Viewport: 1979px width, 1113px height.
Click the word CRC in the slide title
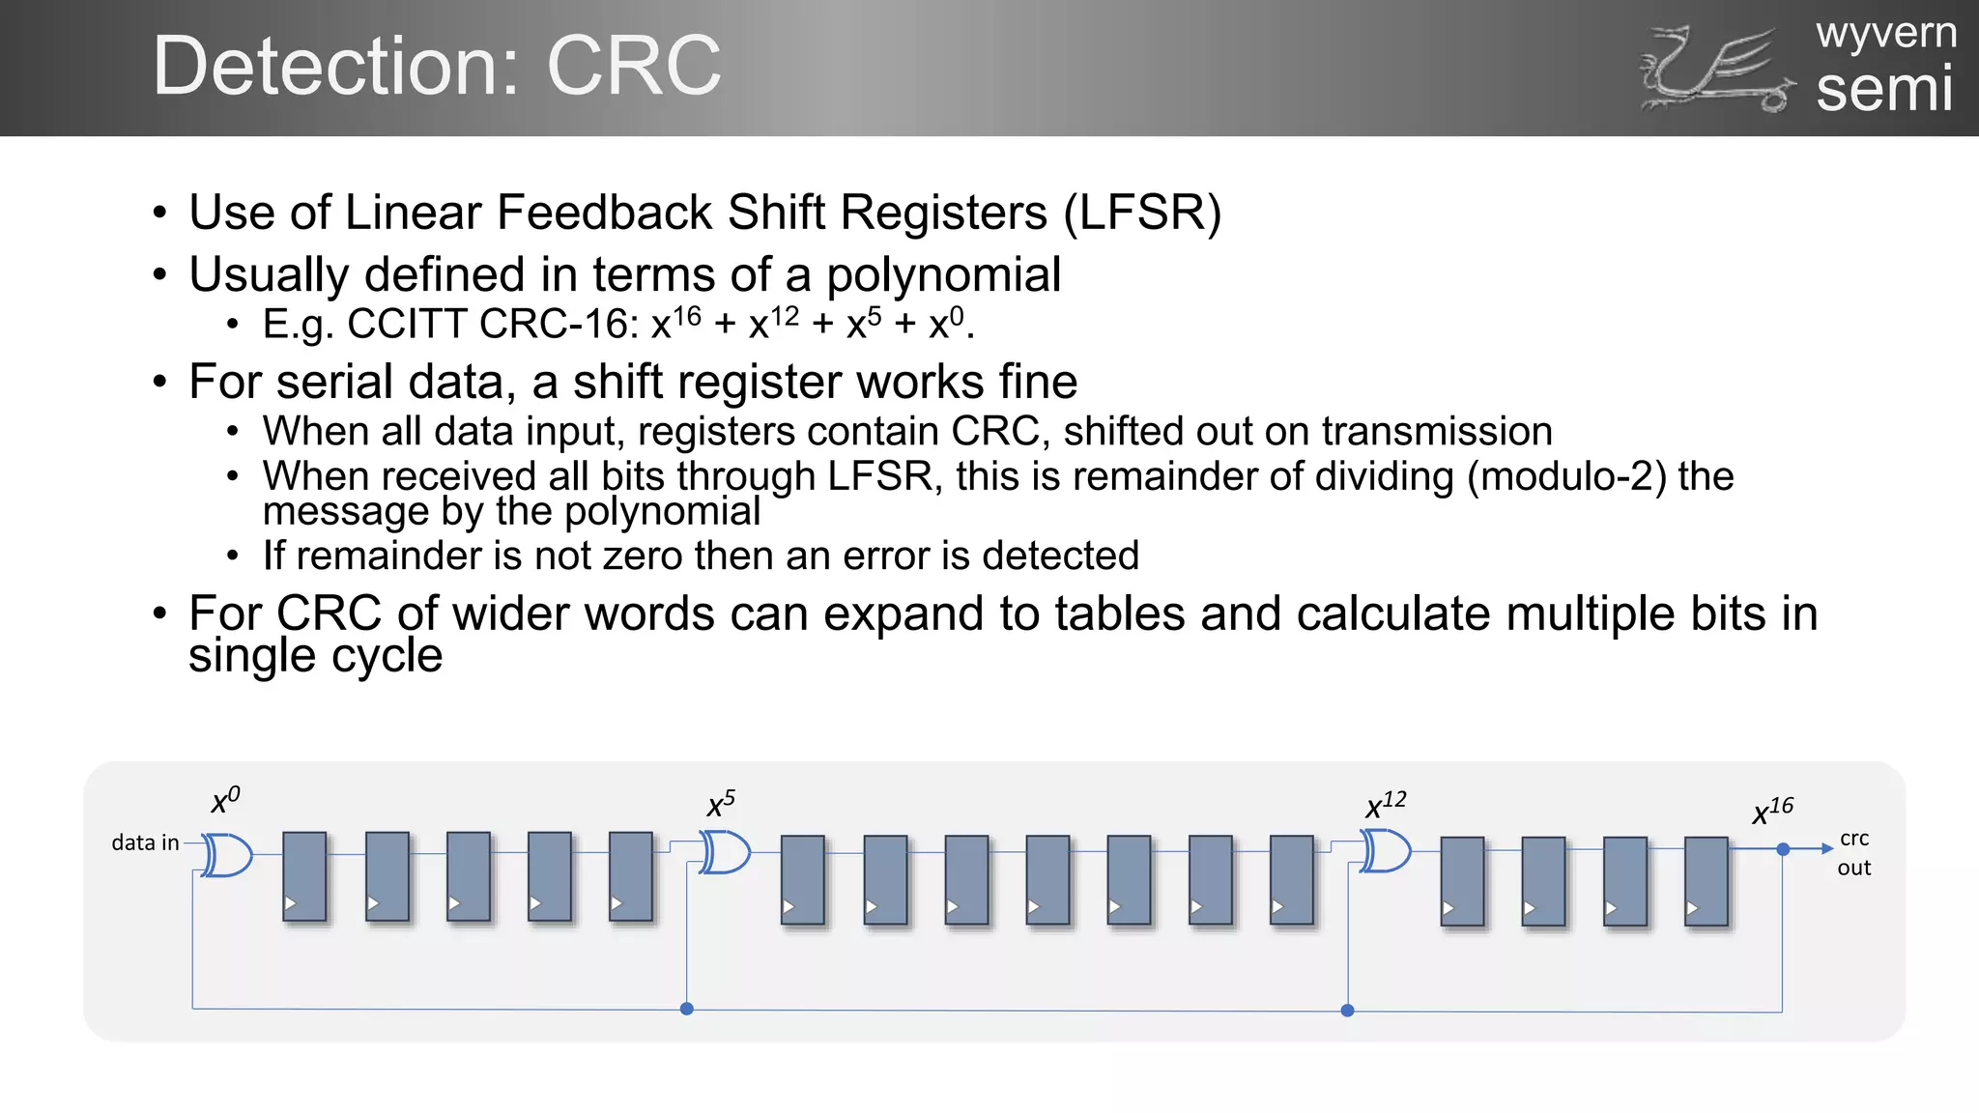pos(633,66)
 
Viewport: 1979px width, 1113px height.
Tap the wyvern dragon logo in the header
pos(1716,70)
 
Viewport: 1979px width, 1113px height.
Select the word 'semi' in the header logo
pos(1884,89)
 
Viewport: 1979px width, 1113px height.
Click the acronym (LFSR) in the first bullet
pos(1142,213)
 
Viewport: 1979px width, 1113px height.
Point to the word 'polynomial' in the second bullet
pos(943,274)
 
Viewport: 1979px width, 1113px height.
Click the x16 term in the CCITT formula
pos(675,323)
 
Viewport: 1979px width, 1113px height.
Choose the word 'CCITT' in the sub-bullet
pos(406,324)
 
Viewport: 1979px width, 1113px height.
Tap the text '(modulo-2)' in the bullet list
pos(1566,476)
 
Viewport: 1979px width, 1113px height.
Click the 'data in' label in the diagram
pos(145,842)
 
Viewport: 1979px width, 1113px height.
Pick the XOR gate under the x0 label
pos(228,855)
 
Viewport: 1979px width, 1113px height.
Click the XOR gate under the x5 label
pos(726,853)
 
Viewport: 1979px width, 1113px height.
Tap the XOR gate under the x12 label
pos(1386,851)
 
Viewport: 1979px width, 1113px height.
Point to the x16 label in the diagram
pos(1772,811)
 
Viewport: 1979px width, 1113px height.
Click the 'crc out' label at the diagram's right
pos(1853,852)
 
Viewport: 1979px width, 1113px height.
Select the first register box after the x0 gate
pos(304,875)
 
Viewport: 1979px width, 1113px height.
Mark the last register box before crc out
pos(1706,880)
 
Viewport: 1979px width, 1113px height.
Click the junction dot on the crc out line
pos(1783,849)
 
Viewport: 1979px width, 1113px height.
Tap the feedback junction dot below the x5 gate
pos(686,1009)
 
